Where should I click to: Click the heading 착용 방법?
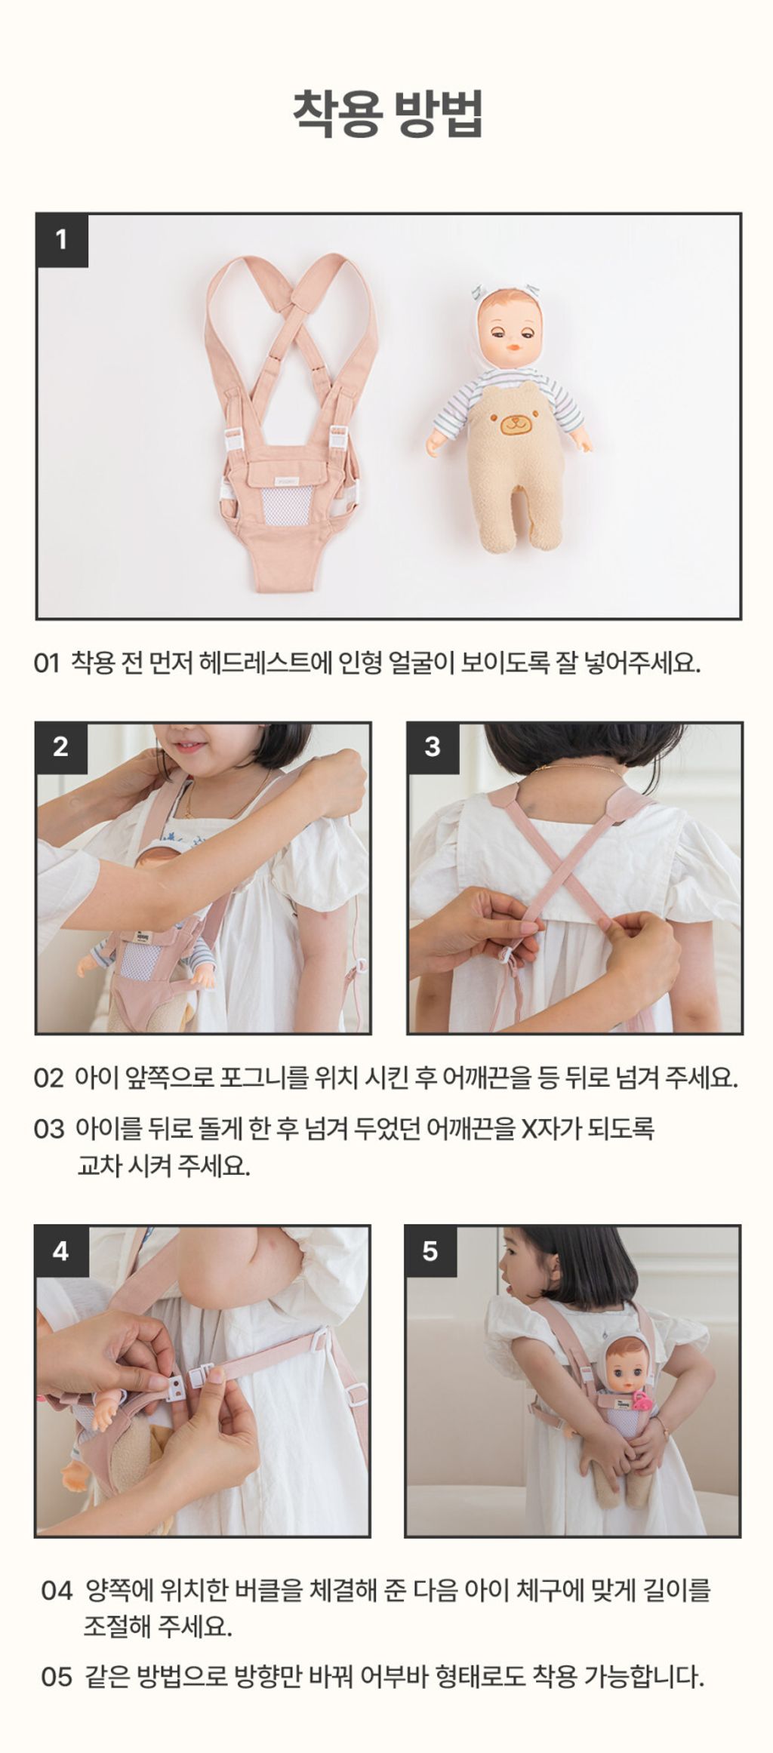[387, 114]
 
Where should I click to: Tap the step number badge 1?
[62, 240]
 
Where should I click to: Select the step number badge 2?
[61, 747]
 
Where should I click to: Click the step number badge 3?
[433, 747]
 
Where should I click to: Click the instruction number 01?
[46, 664]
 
